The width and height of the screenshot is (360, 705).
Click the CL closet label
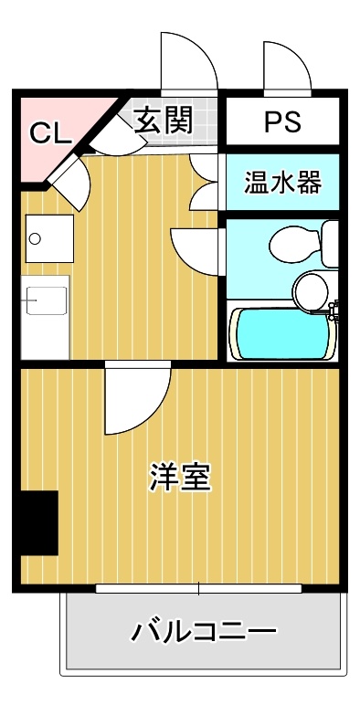pos(50,132)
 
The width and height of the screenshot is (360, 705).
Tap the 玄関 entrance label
pos(164,120)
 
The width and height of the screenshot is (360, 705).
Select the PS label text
pos(282,121)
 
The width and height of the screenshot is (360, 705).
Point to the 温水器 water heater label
pos(282,182)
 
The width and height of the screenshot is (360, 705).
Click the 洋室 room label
pos(180,477)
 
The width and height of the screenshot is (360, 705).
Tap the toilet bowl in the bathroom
pos(295,245)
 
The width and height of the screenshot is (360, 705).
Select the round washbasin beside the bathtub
pos(311,291)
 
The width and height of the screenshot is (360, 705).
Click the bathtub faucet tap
pos(334,311)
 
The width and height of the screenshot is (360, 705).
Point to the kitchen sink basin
pos(46,300)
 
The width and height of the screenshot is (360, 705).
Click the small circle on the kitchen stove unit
pos(35,238)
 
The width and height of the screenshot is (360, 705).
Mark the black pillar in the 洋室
pos(39,522)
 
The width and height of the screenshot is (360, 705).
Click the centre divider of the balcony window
pos(199,588)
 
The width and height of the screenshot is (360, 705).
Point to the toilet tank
pos(330,244)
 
